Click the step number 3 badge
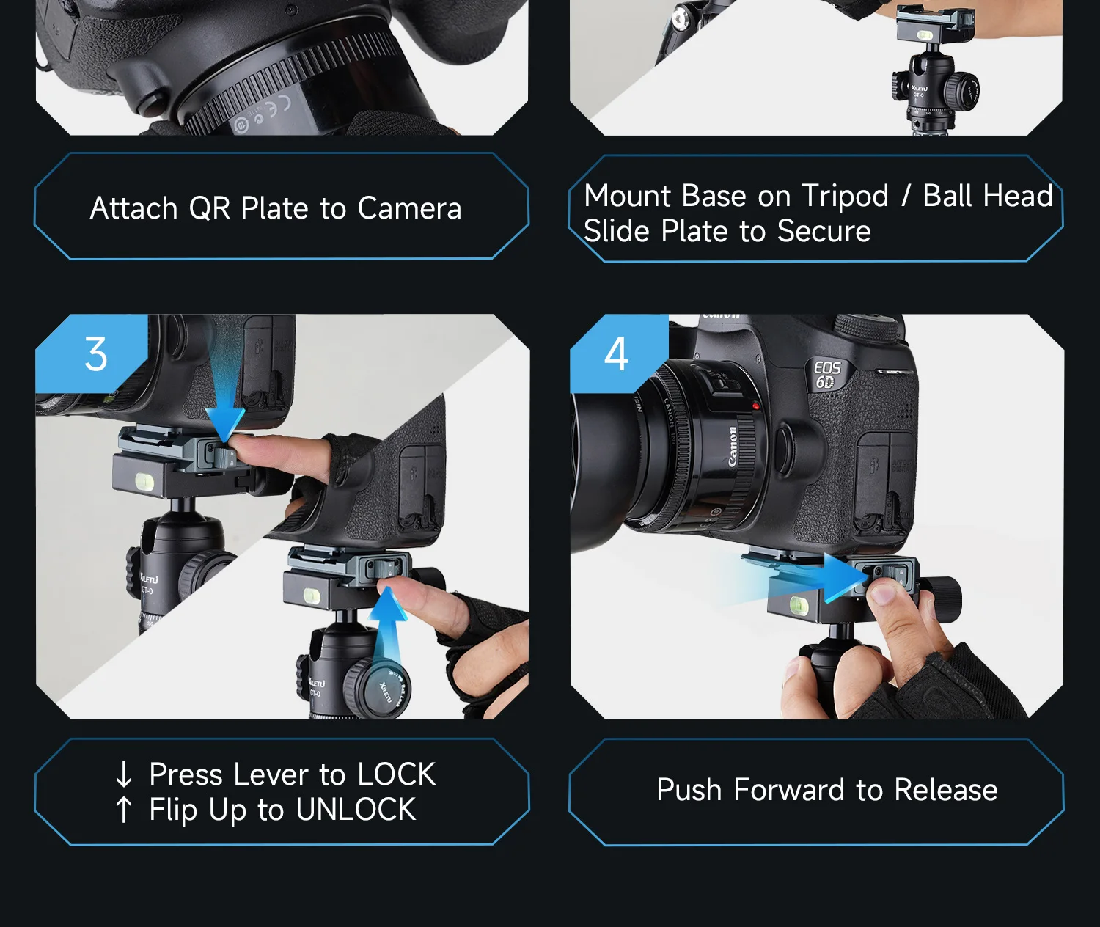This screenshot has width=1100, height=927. [95, 354]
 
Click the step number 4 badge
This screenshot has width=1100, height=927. [616, 353]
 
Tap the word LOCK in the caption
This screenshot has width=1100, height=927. [397, 774]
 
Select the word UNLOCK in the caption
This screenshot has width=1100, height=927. [356, 809]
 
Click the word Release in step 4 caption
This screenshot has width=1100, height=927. [946, 790]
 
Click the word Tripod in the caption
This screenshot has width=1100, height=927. [845, 197]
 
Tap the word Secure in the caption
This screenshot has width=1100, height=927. [824, 231]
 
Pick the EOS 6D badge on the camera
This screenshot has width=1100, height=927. [827, 374]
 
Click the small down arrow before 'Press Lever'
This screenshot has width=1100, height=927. [124, 774]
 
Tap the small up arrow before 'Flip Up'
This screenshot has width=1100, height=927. [124, 810]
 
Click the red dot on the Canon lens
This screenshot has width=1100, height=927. [756, 406]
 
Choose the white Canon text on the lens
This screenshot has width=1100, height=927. [733, 447]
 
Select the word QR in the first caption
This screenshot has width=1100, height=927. [209, 209]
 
